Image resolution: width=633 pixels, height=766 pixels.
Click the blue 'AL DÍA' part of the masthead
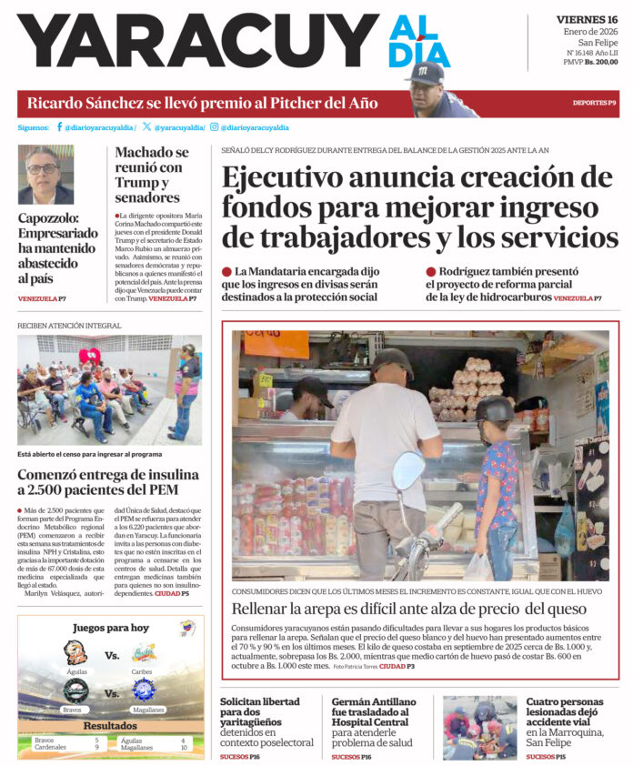coord(419,42)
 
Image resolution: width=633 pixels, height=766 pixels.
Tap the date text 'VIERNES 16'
coord(587,20)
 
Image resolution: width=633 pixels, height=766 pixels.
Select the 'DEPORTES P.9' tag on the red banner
coord(594,103)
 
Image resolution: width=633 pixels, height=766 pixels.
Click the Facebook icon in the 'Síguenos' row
coord(60,127)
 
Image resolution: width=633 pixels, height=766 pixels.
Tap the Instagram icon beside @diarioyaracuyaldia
coord(214,127)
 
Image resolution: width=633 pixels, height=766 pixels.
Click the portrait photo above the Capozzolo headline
coord(45,174)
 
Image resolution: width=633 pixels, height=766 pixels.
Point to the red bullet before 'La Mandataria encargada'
coord(226,272)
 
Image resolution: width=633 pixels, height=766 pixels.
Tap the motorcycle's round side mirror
coord(407,470)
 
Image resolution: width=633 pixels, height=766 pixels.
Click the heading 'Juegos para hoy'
coord(111,628)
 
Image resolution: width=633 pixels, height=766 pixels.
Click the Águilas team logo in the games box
coord(75,652)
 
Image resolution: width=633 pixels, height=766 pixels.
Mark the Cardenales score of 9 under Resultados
coord(96,748)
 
